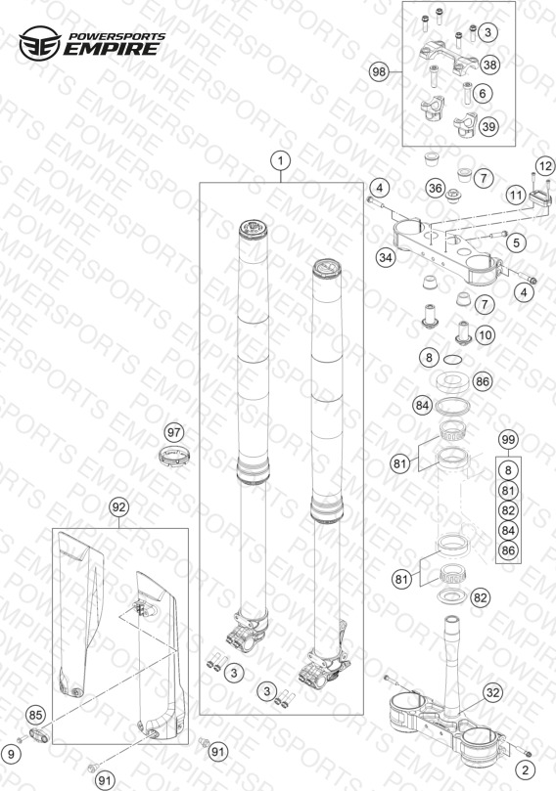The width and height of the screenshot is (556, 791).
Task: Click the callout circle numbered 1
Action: pyautogui.click(x=281, y=161)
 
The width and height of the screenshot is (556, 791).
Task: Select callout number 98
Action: pyautogui.click(x=379, y=72)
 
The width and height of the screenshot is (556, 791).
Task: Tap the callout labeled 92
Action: pyautogui.click(x=118, y=507)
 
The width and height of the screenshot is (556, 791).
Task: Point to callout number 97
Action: pyautogui.click(x=174, y=433)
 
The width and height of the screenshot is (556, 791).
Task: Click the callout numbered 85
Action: pyautogui.click(x=35, y=715)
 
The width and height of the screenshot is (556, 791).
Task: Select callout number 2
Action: pyautogui.click(x=526, y=769)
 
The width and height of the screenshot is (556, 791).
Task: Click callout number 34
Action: pyautogui.click(x=386, y=258)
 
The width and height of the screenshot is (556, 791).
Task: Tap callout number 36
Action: pyautogui.click(x=435, y=189)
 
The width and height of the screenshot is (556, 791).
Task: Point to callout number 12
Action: pyautogui.click(x=545, y=166)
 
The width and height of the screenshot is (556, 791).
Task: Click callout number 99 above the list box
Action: pyautogui.click(x=508, y=440)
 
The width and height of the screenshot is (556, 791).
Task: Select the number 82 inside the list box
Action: pyautogui.click(x=508, y=510)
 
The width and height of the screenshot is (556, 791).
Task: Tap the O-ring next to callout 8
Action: pyautogui.click(x=452, y=360)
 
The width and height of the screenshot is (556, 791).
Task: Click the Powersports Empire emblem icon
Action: pyautogui.click(x=40, y=43)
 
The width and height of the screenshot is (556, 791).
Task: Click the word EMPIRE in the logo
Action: pyautogui.click(x=111, y=49)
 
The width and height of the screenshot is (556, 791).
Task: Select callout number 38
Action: pyautogui.click(x=488, y=65)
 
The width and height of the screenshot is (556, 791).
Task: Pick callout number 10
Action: pyautogui.click(x=485, y=335)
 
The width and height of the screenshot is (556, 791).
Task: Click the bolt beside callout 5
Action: pyautogui.click(x=492, y=235)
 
